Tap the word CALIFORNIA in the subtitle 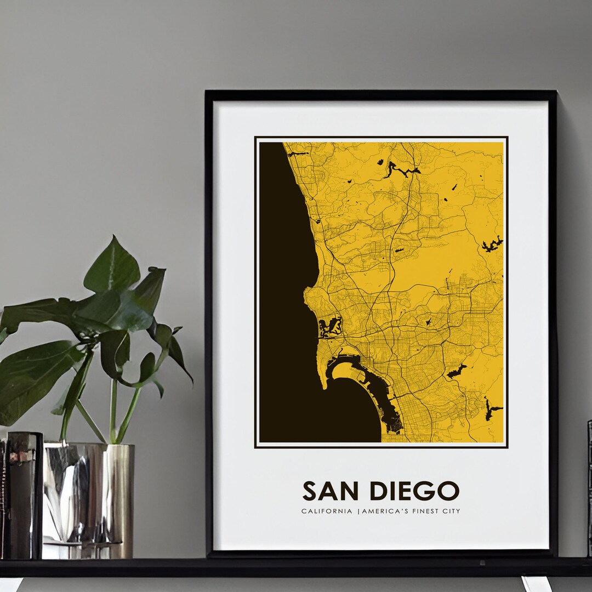(x=327, y=511)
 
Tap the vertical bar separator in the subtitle (x=358, y=511)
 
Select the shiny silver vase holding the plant (x=88, y=493)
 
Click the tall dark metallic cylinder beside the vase (x=23, y=493)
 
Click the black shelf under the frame (x=296, y=567)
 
